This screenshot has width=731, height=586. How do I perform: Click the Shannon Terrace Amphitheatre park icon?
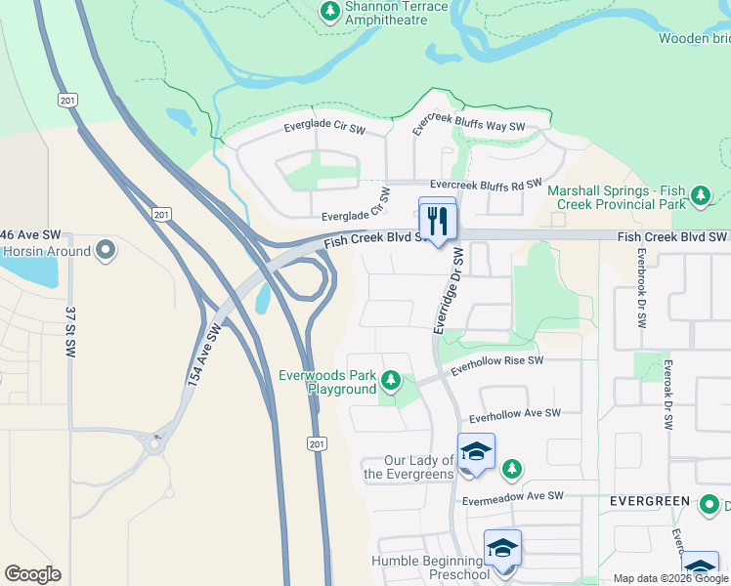(330, 12)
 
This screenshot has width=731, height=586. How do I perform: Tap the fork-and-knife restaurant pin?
(438, 219)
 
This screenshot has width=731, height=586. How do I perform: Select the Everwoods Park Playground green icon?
(391, 379)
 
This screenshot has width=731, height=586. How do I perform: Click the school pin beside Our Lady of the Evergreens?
(476, 452)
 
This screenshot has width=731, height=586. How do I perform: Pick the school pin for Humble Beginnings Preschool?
(502, 549)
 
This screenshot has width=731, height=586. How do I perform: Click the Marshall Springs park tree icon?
(700, 196)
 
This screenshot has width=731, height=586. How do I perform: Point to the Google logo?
(32, 574)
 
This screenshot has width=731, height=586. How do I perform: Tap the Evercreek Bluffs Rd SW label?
(486, 184)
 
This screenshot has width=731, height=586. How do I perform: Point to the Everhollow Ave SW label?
(514, 413)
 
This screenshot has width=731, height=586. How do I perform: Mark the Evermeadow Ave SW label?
(514, 496)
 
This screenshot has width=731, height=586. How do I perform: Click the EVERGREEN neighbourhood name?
(650, 500)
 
